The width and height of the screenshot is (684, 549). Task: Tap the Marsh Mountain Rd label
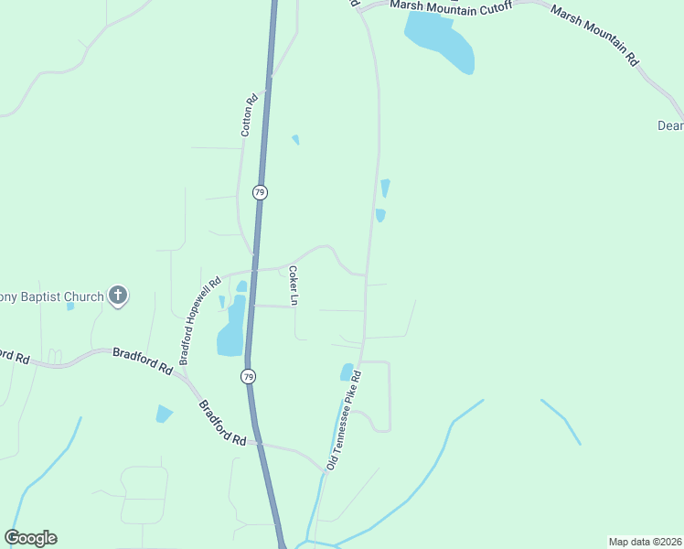pyautogui.click(x=594, y=34)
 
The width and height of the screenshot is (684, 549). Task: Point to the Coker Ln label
pyautogui.click(x=294, y=285)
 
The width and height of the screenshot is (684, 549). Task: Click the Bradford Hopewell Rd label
pyautogui.click(x=201, y=321)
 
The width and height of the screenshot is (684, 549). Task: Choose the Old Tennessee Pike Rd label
pyautogui.click(x=344, y=421)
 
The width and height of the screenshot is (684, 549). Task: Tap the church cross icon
pyautogui.click(x=117, y=296)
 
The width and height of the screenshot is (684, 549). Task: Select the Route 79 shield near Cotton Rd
pyautogui.click(x=260, y=192)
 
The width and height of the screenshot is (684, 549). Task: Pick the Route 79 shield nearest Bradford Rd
pyautogui.click(x=249, y=376)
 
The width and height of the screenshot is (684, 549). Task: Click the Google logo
pyautogui.click(x=31, y=538)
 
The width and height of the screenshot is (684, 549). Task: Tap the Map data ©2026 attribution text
pyautogui.click(x=645, y=541)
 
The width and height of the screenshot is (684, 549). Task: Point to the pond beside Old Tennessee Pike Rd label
pyautogui.click(x=347, y=371)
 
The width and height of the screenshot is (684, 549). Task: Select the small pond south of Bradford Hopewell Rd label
pyautogui.click(x=164, y=414)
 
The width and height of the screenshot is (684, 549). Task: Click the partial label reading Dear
pyautogui.click(x=670, y=125)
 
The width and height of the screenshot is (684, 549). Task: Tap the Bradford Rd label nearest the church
pyautogui.click(x=142, y=360)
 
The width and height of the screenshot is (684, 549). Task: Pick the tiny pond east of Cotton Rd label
pyautogui.click(x=295, y=140)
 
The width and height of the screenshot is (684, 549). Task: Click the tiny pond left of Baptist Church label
pyautogui.click(x=70, y=306)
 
